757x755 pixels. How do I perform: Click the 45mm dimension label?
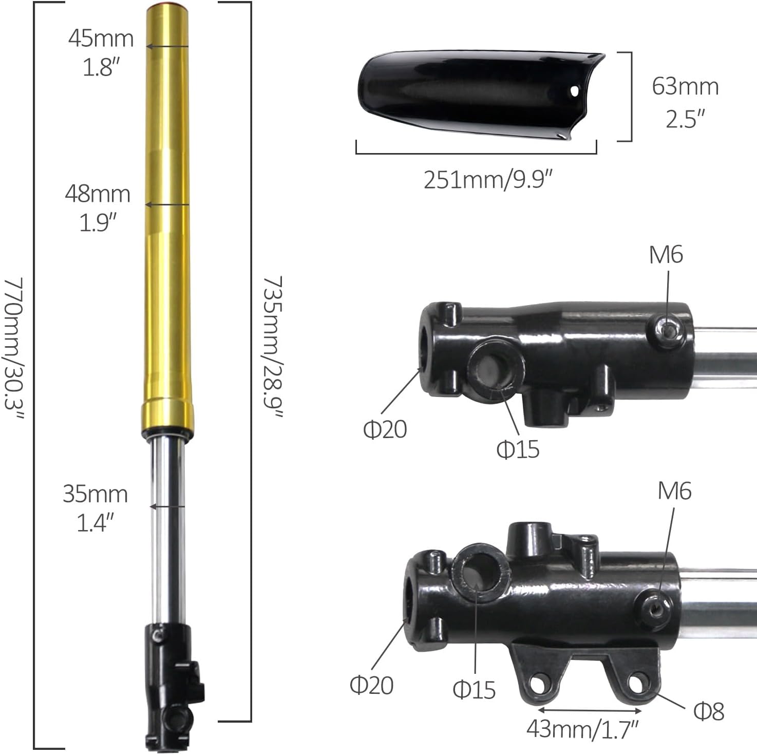101,39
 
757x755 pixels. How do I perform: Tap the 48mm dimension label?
98,194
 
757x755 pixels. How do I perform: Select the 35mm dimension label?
95,494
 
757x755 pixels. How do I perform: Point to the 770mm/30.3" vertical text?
14,349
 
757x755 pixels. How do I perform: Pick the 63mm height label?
685,86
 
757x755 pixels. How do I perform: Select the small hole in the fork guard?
574,91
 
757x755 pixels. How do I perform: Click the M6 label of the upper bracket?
666,255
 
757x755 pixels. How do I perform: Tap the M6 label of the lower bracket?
675,491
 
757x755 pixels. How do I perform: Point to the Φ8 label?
709,711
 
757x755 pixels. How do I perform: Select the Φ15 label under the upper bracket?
518,449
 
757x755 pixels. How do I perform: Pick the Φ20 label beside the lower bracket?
371,685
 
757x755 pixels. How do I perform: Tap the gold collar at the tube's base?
168,413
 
